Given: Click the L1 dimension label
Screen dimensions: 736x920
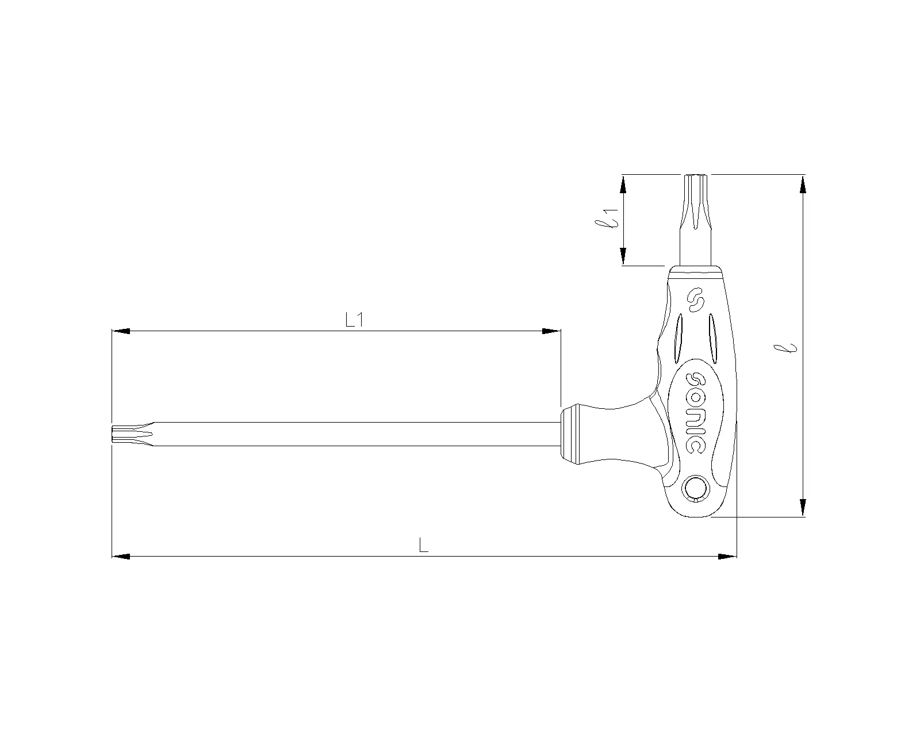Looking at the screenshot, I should [355, 320].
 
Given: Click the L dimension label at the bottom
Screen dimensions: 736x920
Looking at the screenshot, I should [424, 545].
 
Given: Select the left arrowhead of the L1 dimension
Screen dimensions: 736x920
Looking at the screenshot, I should [121, 331].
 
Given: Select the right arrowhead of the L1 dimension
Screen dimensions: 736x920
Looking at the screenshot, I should [551, 331].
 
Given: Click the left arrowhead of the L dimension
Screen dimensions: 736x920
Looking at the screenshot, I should [121, 556].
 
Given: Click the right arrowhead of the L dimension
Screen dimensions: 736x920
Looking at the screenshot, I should [727, 556].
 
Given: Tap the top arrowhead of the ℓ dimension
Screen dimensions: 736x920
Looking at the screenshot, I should [803, 184].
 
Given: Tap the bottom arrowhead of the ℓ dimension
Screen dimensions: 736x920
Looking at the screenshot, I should [803, 507].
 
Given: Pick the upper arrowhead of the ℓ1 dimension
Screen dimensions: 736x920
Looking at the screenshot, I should [623, 184].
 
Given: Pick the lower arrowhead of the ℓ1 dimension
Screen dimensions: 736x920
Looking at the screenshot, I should [623, 256].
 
